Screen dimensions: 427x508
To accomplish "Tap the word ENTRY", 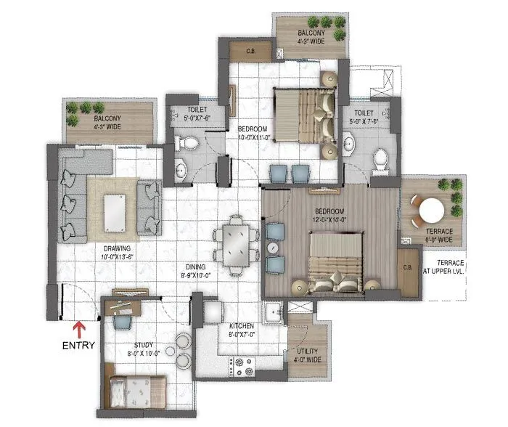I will pyautogui.click(x=78, y=346).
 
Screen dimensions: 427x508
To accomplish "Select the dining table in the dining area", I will pyautogui.click(x=236, y=245).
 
